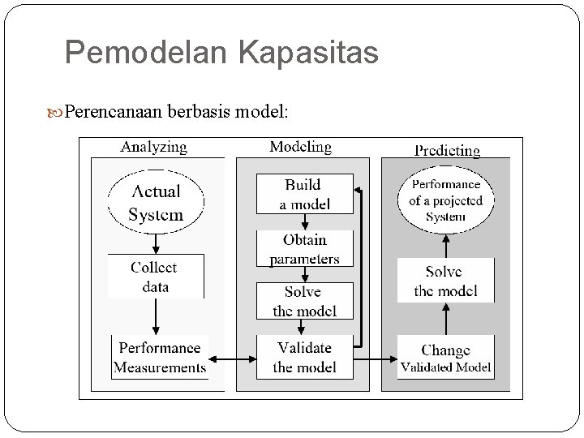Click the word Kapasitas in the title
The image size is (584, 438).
click(x=308, y=54)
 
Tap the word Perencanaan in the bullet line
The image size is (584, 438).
click(x=114, y=110)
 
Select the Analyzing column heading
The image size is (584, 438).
click(x=153, y=147)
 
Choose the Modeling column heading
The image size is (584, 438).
click(x=300, y=147)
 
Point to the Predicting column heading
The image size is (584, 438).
click(x=447, y=150)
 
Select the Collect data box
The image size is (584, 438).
click(x=155, y=277)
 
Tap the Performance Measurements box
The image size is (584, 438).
click(x=160, y=358)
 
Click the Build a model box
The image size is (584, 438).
click(x=304, y=194)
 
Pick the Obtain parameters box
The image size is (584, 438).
click(x=304, y=249)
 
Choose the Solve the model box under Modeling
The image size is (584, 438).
click(x=304, y=301)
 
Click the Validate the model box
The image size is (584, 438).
click(x=304, y=358)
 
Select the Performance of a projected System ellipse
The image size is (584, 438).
click(x=445, y=200)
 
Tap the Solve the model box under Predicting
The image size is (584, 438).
click(x=445, y=281)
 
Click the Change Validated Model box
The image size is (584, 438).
click(x=445, y=358)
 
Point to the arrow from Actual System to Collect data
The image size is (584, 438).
click(x=156, y=243)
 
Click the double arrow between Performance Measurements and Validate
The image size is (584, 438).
click(x=232, y=358)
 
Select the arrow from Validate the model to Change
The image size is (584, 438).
click(x=376, y=358)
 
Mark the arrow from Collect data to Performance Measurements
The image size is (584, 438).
click(x=156, y=316)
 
